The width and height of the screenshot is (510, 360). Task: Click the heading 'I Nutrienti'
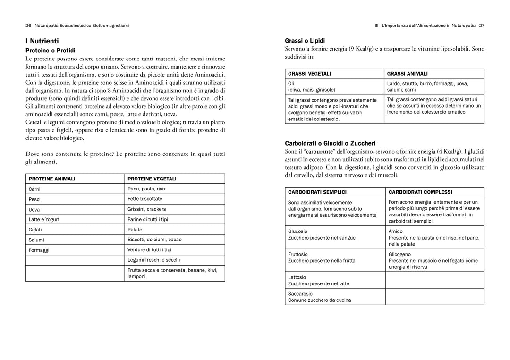click(x=42, y=41)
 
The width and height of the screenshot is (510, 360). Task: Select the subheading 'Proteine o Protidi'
click(x=51, y=50)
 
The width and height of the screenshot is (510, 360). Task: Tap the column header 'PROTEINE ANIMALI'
click(x=52, y=179)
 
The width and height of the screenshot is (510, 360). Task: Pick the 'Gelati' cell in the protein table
click(x=35, y=230)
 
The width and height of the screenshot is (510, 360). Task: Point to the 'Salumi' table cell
click(x=36, y=240)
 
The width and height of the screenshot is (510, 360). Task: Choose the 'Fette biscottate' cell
click(x=145, y=199)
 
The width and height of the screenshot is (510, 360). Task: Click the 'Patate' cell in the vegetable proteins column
click(x=135, y=230)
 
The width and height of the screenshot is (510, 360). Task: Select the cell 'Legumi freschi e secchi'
click(x=153, y=260)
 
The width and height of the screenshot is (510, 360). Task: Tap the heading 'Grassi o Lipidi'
click(x=305, y=41)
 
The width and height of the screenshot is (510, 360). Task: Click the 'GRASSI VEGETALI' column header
click(x=309, y=74)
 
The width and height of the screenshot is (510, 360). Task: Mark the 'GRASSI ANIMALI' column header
click(x=407, y=74)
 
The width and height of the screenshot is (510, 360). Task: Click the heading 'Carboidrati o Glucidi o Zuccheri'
click(x=330, y=143)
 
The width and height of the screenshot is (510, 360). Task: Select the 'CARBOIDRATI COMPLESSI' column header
click(x=420, y=192)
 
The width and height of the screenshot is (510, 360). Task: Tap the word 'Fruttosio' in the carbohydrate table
click(x=298, y=254)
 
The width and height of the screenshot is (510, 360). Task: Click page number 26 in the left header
click(x=28, y=25)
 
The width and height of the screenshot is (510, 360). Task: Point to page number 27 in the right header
click(x=481, y=25)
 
